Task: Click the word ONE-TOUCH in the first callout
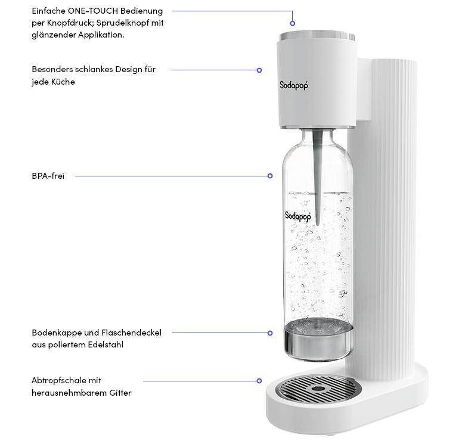95,11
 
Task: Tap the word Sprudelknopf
122,23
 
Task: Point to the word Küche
62,82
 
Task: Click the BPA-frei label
48,176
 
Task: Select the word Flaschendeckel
132,333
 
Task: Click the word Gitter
119,393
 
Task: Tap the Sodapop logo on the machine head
294,85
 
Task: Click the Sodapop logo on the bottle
297,215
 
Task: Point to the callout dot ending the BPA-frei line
270,176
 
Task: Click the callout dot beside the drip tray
259,381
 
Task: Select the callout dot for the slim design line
259,70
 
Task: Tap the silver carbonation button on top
316,35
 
